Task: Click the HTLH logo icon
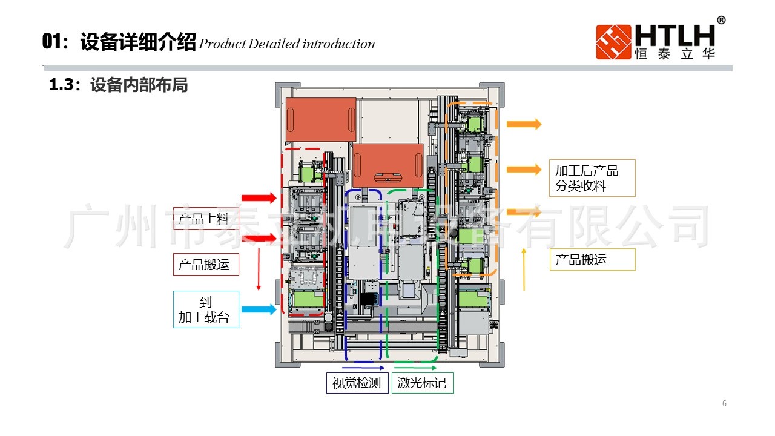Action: pyautogui.click(x=613, y=42)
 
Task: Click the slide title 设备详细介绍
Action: pyautogui.click(x=138, y=43)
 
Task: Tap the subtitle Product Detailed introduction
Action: pyautogui.click(x=287, y=44)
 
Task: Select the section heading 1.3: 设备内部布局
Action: pyautogui.click(x=119, y=85)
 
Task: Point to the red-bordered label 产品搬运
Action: pyautogui.click(x=206, y=264)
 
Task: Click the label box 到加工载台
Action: pyautogui.click(x=206, y=309)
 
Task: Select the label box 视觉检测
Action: pyautogui.click(x=357, y=383)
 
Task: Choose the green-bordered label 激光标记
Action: pyautogui.click(x=422, y=383)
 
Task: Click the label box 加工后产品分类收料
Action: pyautogui.click(x=593, y=178)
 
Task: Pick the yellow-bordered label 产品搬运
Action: pyautogui.click(x=593, y=260)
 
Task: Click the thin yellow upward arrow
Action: pyautogui.click(x=524, y=269)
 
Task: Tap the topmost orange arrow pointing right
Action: pyautogui.click(x=524, y=124)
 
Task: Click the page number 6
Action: pyautogui.click(x=724, y=404)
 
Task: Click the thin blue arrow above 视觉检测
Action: pyautogui.click(x=363, y=368)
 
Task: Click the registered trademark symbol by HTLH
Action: pyautogui.click(x=721, y=20)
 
